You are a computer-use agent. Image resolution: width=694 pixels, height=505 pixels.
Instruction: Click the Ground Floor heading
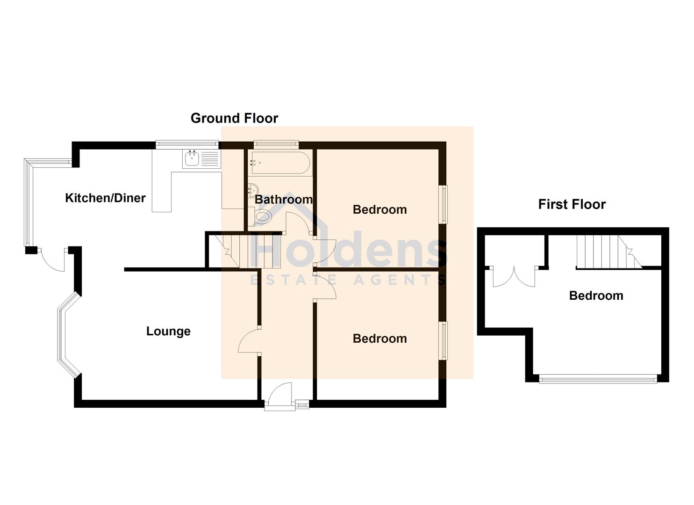pos(234,118)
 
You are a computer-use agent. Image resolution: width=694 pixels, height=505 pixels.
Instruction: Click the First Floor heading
pos(572,204)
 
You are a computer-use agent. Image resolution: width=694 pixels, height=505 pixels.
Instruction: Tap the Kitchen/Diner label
pos(105,198)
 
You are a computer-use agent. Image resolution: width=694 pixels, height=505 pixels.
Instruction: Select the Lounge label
pos(168,332)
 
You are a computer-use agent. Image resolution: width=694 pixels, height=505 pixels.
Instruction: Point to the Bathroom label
pos(284,199)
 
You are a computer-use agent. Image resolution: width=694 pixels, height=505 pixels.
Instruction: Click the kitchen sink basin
pos(192,159)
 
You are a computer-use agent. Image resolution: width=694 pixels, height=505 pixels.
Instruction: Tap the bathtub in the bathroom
pos(280,163)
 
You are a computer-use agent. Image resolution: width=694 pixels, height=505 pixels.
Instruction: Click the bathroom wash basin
pos(253,189)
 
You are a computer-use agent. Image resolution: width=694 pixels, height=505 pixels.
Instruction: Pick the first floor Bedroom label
pos(596,296)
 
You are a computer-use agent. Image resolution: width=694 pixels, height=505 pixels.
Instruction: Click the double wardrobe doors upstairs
pos(514,276)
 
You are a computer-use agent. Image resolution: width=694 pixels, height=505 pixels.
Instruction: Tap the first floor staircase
pos(608,252)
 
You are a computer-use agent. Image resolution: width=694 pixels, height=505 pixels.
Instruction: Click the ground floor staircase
pos(248,252)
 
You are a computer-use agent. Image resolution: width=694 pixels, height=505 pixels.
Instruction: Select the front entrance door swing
pos(280,393)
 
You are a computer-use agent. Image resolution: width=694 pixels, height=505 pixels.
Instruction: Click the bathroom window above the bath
pos(276,143)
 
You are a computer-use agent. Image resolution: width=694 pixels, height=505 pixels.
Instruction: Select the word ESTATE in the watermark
pos(293,280)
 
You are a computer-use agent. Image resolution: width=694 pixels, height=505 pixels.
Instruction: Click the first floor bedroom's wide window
pos(598,379)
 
